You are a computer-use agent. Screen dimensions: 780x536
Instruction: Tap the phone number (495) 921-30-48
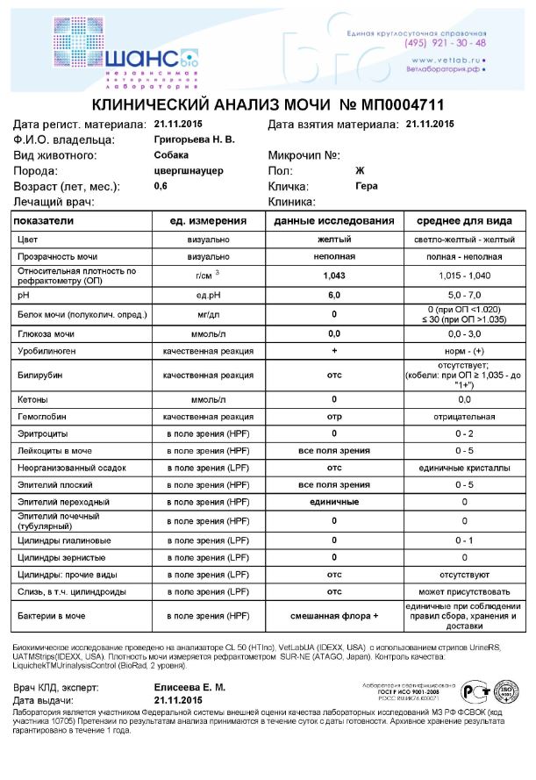tap(446, 43)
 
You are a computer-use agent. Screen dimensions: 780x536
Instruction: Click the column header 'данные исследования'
tap(333, 221)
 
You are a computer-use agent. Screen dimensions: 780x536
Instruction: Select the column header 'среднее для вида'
tap(464, 221)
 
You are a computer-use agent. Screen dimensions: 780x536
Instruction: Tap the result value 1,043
tap(333, 276)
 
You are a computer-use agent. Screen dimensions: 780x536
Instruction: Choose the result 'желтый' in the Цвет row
tap(333, 239)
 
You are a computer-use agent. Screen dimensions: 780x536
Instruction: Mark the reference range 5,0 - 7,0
tap(464, 296)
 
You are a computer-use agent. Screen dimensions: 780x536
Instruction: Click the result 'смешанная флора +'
tap(333, 618)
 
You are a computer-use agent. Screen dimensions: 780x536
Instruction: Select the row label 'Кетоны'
tap(32, 399)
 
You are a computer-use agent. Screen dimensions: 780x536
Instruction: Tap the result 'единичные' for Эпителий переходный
tap(333, 501)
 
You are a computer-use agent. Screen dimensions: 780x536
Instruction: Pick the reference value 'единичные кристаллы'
tap(464, 468)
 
